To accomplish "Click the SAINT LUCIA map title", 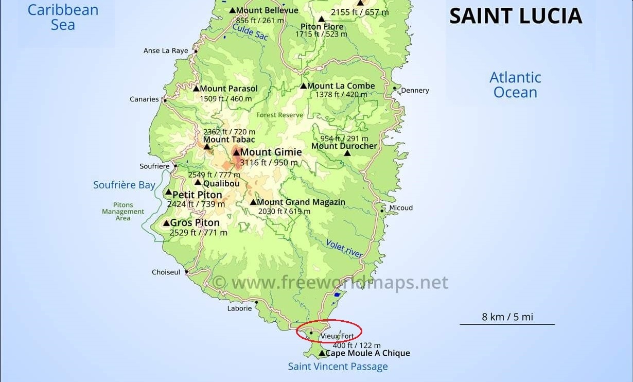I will [515, 16].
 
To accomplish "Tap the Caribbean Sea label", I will [63, 17].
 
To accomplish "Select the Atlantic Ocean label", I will [515, 85].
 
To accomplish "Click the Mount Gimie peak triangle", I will [236, 152].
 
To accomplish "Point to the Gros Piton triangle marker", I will [166, 223].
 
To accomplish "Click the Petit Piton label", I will [197, 195].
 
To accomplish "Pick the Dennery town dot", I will [395, 89].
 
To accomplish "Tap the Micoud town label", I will [401, 208].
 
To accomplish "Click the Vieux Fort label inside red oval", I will [337, 336].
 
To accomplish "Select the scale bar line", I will [507, 324].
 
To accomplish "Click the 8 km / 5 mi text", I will [507, 317].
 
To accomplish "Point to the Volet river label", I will [344, 249].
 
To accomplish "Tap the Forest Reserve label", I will [279, 115].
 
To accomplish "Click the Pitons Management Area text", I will [123, 211].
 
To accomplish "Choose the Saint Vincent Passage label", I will [338, 367].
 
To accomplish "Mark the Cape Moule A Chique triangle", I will [322, 353].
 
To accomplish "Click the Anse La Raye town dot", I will [196, 51].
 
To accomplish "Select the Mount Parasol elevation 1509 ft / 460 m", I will [226, 99].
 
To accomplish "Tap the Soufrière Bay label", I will [124, 185].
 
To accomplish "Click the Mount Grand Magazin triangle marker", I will [253, 202].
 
